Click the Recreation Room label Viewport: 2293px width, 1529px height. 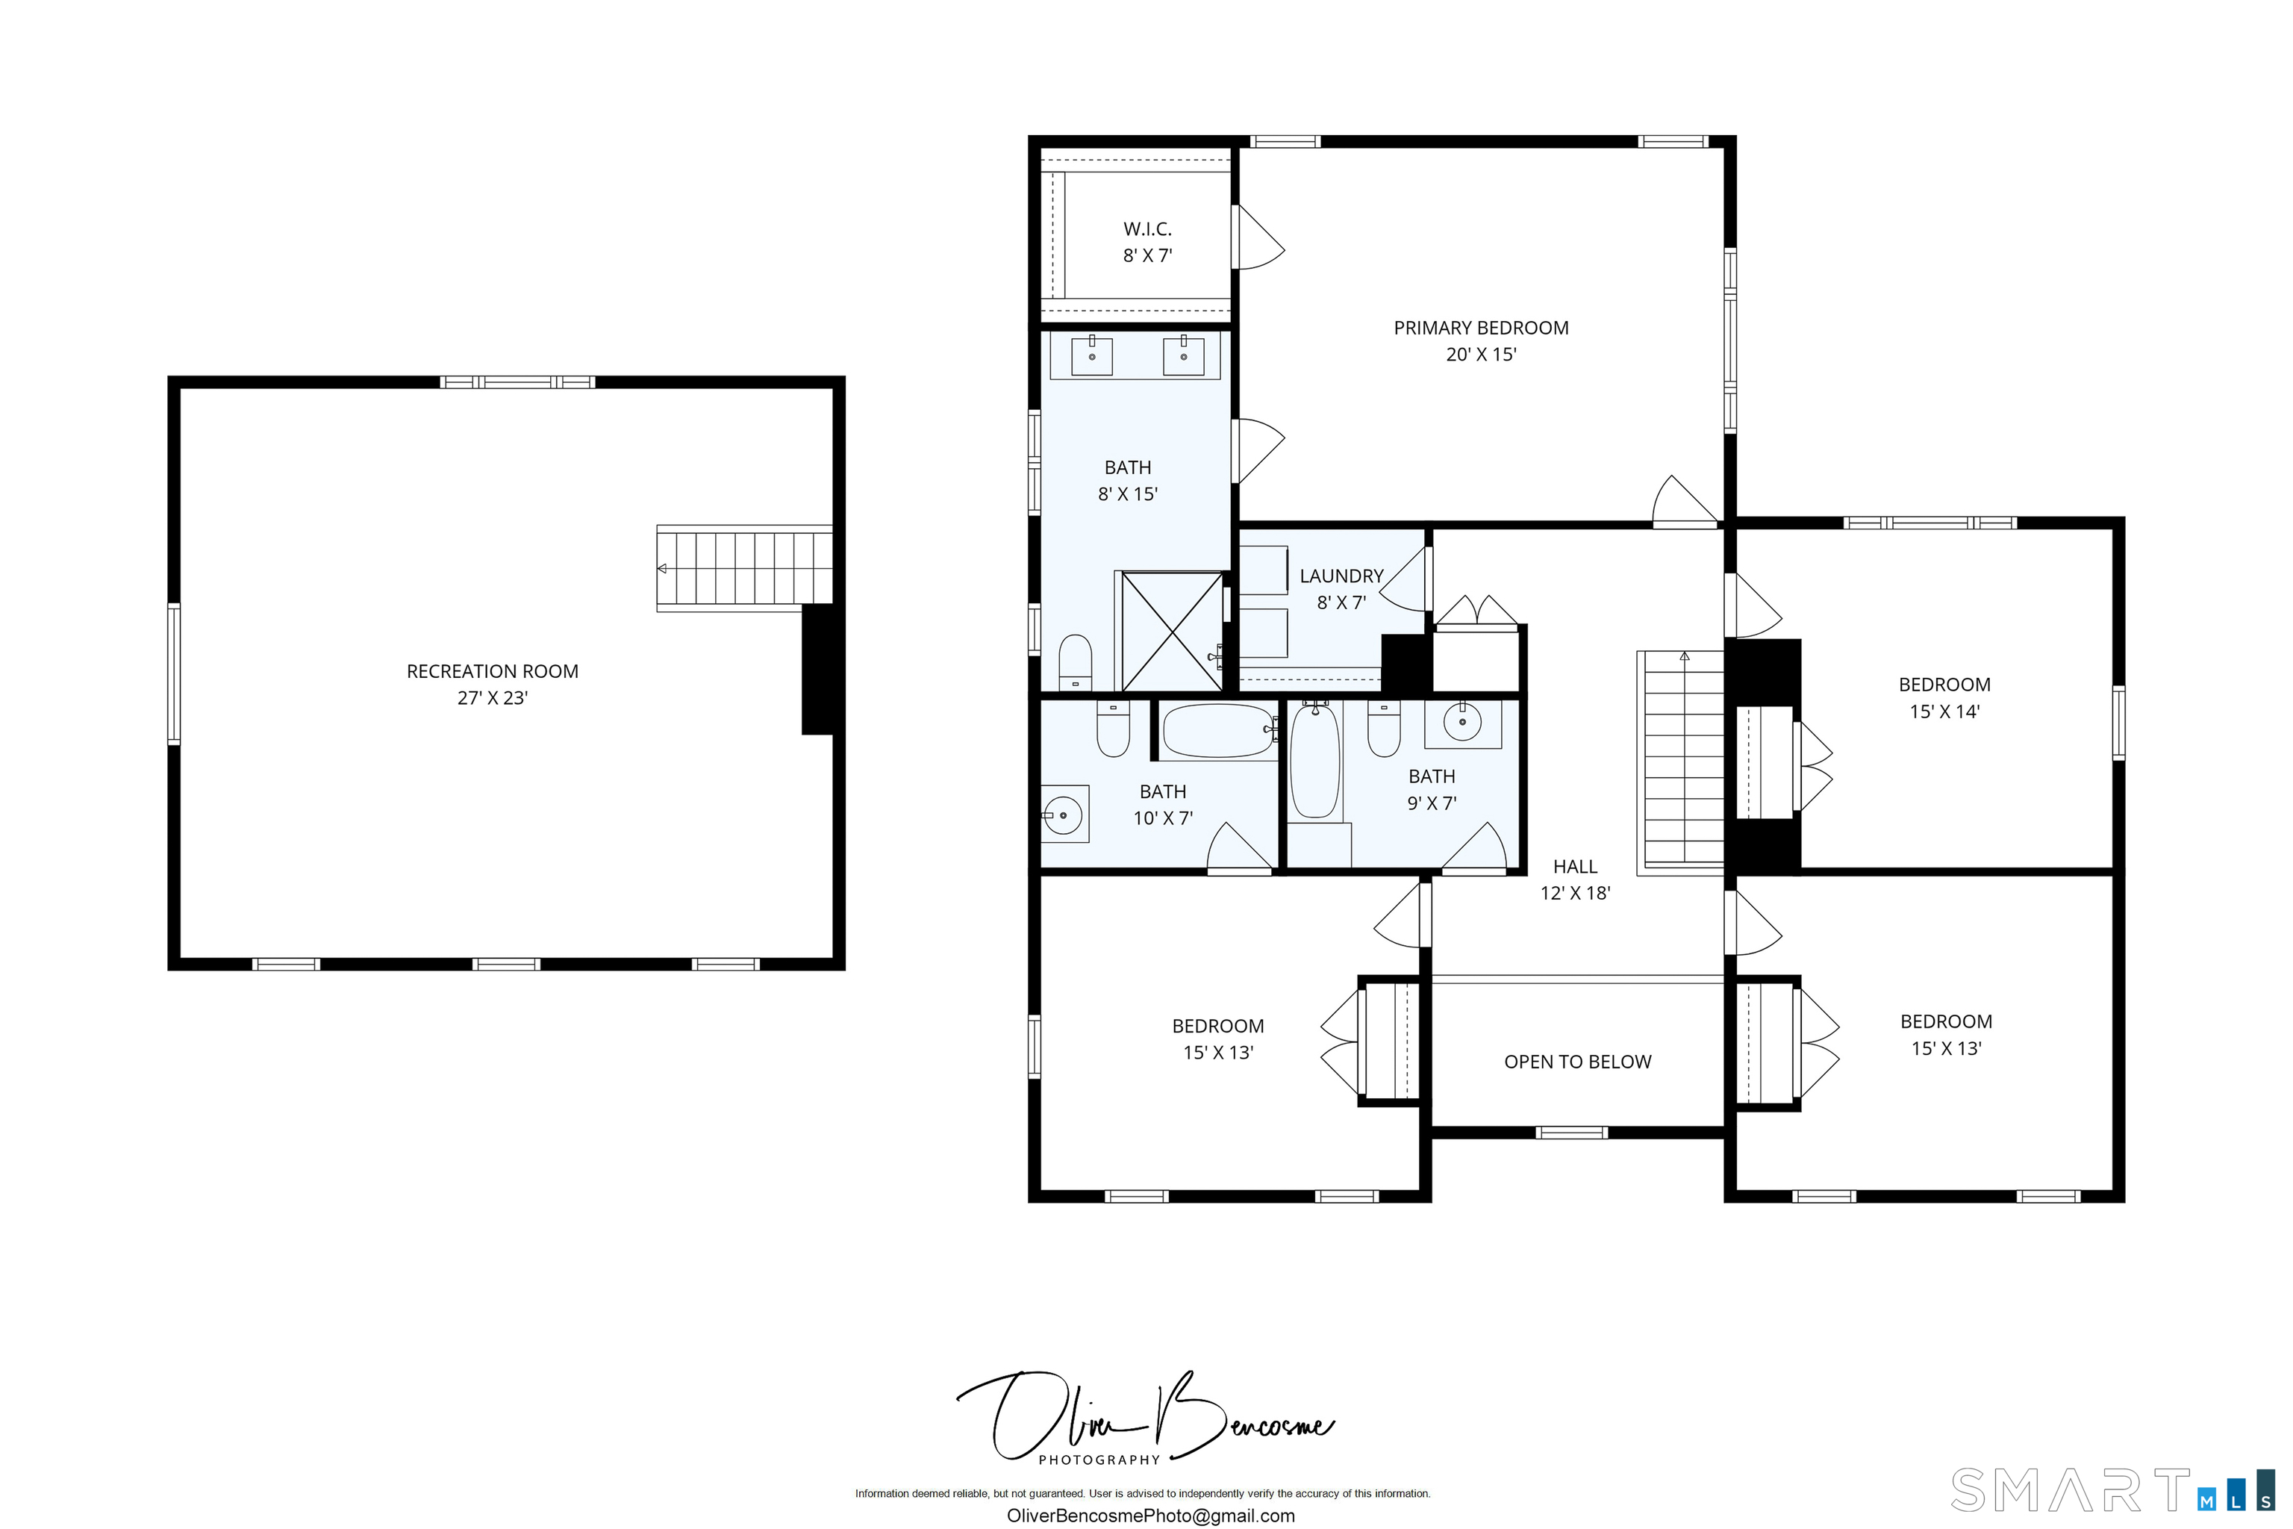493,672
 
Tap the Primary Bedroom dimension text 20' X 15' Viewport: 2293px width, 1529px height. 1481,355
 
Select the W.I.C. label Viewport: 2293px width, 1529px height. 1147,229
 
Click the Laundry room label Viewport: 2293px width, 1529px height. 1341,576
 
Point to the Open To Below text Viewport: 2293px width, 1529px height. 1577,1062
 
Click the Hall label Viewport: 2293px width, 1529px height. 1576,867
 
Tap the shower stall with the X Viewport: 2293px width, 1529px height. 1173,632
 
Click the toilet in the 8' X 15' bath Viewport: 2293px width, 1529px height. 1076,663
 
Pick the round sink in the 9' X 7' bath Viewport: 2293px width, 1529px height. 1462,723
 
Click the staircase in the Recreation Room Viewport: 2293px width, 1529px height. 745,568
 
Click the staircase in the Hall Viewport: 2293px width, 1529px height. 1684,761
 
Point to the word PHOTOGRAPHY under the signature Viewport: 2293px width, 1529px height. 1099,1460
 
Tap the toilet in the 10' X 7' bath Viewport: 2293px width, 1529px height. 1114,729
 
